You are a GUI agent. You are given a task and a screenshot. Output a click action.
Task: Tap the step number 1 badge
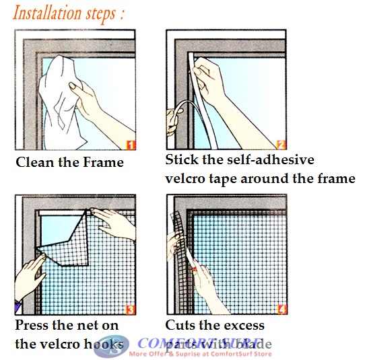coord(129,144)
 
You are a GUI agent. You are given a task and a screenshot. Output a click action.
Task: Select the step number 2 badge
coord(281,144)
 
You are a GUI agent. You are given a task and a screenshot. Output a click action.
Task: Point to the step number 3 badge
coord(129,310)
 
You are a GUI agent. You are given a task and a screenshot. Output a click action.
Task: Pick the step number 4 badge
coord(280,310)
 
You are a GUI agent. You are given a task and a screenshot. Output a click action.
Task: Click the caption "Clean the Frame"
coord(69,162)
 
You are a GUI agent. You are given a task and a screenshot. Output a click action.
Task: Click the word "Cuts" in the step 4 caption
coord(181,326)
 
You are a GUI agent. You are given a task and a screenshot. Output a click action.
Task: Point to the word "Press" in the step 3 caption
coord(32,326)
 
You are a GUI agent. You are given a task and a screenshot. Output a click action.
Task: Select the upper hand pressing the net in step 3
coord(114,222)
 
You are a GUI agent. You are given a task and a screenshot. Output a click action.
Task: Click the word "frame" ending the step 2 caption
coord(336,179)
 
